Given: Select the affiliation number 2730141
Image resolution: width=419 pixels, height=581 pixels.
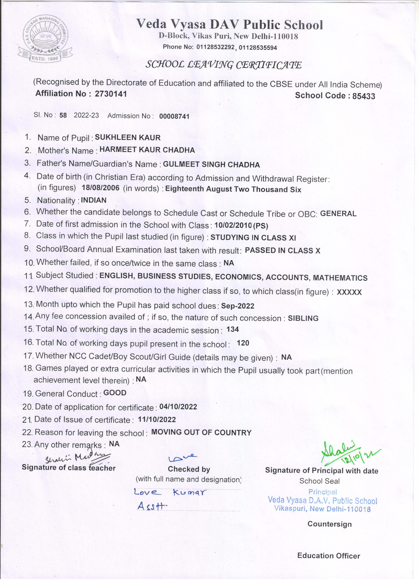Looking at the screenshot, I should pyautogui.click(x=111, y=94).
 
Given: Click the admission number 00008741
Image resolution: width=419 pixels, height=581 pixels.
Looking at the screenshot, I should pyautogui.click(x=174, y=117).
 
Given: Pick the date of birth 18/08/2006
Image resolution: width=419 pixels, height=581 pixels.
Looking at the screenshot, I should pyautogui.click(x=100, y=188).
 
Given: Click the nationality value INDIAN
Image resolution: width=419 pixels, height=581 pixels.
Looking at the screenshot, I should pyautogui.click(x=93, y=200).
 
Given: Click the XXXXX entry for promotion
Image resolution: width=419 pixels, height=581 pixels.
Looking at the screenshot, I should pyautogui.click(x=349, y=292).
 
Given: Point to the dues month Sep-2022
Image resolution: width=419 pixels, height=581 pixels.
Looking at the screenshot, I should pyautogui.click(x=238, y=306).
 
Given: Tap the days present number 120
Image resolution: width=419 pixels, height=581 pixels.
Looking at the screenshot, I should pyautogui.click(x=243, y=343).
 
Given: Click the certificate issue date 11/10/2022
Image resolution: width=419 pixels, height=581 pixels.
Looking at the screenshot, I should pyautogui.click(x=157, y=419).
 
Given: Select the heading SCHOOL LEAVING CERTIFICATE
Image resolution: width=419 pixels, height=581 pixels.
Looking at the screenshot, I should pyautogui.click(x=223, y=65).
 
